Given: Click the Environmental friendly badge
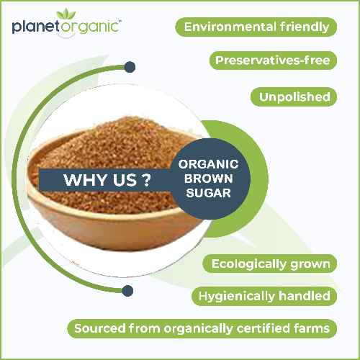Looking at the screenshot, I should tap(256, 27).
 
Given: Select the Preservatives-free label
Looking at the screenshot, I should tap(272, 60).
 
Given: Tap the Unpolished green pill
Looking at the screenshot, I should tap(293, 96).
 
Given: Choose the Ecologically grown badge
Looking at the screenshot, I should tap(270, 264).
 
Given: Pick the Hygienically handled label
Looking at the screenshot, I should tap(264, 296).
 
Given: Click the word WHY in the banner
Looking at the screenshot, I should tap(81, 180).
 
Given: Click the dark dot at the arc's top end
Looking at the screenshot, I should tap(130, 68).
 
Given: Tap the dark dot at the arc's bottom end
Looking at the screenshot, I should tap(128, 291).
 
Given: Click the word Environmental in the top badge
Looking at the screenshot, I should tap(231, 27).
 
